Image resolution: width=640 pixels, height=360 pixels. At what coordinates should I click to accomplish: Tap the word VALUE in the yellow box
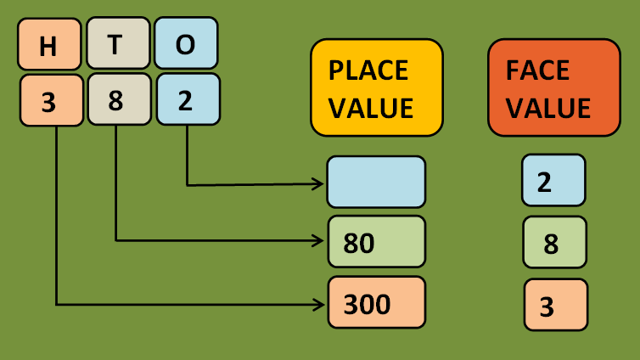click(371, 108)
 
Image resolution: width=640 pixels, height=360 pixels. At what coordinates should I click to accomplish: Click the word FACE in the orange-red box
click(536, 70)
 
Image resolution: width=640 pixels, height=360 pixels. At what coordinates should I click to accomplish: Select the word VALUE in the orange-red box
click(548, 109)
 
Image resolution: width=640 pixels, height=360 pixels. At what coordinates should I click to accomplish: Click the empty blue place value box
click(376, 182)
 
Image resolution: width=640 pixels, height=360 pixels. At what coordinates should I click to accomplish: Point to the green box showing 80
click(376, 243)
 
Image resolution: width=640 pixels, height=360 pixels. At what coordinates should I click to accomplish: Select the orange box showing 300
click(376, 302)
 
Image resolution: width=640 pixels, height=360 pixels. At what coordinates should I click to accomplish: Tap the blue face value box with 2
click(553, 180)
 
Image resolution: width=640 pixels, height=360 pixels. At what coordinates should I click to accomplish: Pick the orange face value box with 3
click(555, 305)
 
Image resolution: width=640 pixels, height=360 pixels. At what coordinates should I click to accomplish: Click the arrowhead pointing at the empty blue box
click(321, 183)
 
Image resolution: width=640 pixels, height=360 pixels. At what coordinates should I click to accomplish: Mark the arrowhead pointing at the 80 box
click(321, 240)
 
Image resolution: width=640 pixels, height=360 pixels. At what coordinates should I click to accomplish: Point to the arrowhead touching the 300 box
click(321, 302)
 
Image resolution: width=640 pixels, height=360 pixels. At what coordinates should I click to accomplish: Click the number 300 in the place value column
click(368, 302)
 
